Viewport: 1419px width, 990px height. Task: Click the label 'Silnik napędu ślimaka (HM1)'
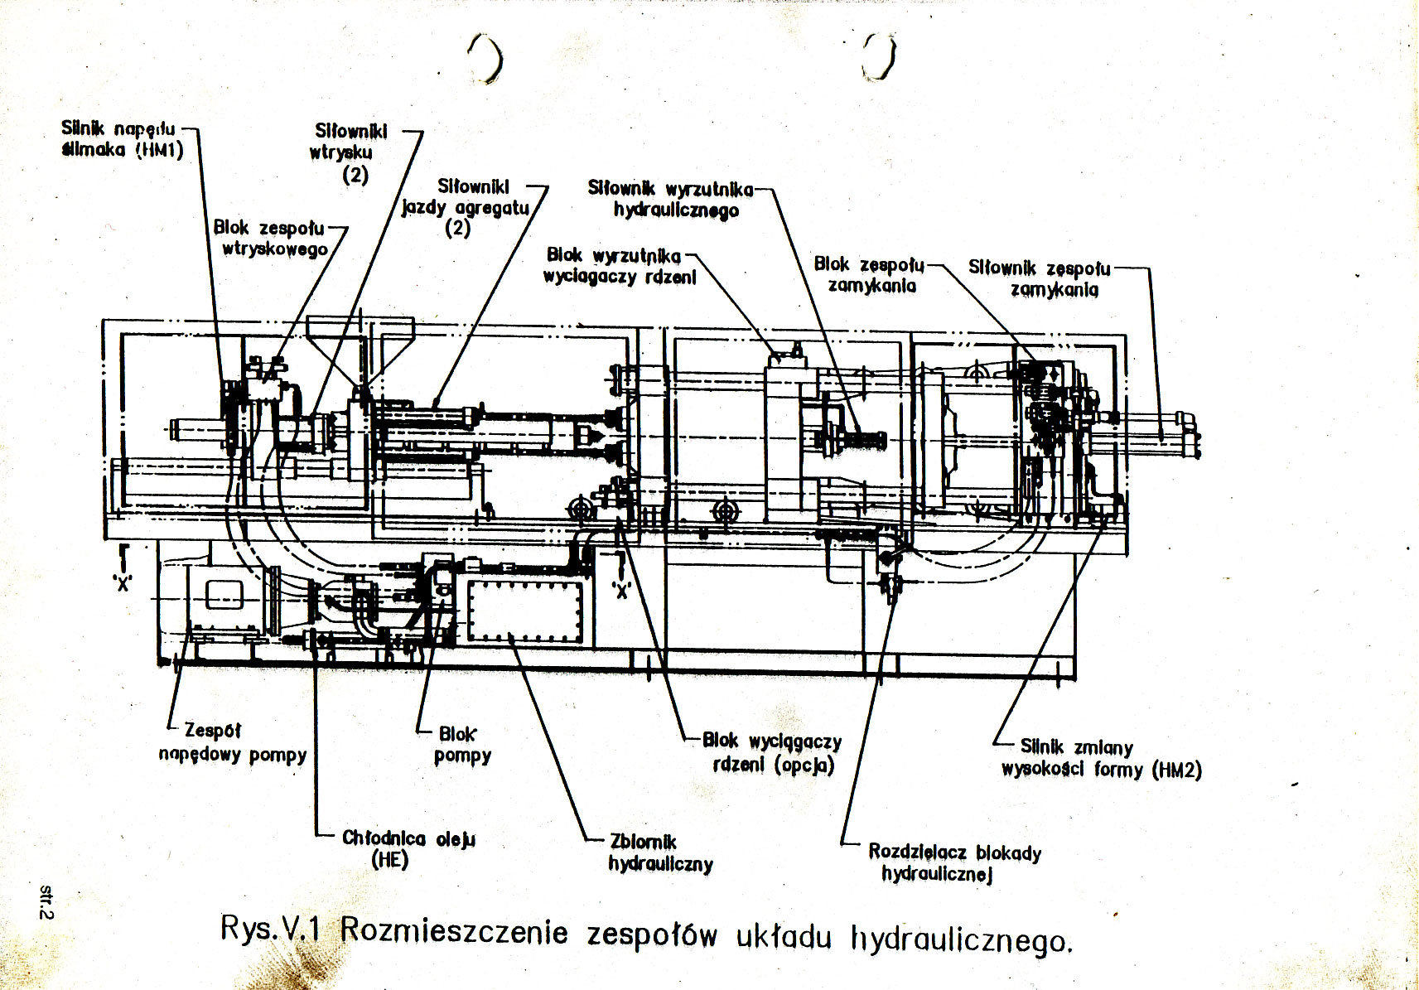click(x=123, y=139)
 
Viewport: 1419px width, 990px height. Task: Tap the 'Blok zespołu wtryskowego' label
click(x=271, y=238)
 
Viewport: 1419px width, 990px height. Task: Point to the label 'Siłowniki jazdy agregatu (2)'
click(x=466, y=207)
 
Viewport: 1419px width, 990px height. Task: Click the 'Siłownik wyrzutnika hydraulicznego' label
click(x=671, y=199)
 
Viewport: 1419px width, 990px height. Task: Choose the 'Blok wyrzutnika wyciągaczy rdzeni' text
click(x=620, y=266)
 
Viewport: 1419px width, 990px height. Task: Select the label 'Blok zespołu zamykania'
click(x=869, y=275)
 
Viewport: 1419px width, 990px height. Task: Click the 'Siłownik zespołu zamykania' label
click(x=1040, y=278)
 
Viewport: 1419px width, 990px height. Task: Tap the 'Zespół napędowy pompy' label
click(x=233, y=743)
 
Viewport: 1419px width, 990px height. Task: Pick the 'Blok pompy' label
click(x=461, y=745)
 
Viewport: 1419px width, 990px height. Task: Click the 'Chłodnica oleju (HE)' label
click(x=408, y=849)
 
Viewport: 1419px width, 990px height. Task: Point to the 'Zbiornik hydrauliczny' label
click(x=661, y=853)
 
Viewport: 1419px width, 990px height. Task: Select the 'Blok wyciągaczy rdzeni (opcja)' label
click(x=772, y=753)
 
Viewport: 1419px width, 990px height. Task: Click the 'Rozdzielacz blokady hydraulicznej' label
click(x=954, y=862)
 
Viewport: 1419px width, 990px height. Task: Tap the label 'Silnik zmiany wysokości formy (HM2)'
click(x=1101, y=759)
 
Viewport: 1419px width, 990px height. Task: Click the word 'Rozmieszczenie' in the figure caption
click(x=454, y=931)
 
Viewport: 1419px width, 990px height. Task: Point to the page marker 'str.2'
click(x=46, y=901)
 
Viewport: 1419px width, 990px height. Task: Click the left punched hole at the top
click(x=486, y=58)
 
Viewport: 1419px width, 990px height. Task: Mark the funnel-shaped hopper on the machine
click(x=360, y=352)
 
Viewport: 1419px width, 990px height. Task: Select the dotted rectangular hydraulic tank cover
click(x=524, y=612)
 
